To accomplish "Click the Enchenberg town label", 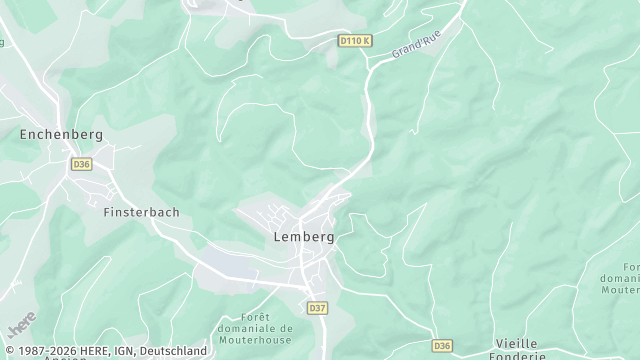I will tap(61, 133).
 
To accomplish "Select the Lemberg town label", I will tap(303, 238).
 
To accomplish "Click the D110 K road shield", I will tap(354, 41).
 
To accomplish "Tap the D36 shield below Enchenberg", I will tap(81, 164).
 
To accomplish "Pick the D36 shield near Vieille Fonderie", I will tap(443, 346).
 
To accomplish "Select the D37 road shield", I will tap(316, 307).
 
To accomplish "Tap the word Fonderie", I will tap(519, 355).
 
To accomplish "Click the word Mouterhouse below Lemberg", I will tap(255, 340).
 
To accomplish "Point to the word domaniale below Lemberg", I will tap(255, 328).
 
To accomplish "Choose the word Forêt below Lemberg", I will tap(255, 315).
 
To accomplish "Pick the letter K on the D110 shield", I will tap(367, 41).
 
